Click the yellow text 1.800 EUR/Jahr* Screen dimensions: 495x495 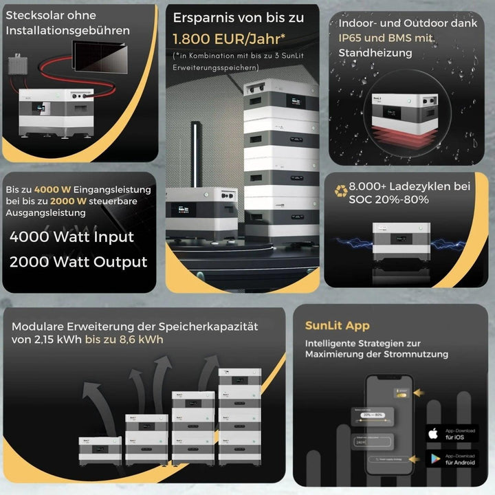pos(221,39)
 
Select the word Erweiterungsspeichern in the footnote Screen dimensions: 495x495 pos(213,67)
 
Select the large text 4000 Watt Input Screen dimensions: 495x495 pos(72,237)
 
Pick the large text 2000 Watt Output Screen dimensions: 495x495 pos(78,262)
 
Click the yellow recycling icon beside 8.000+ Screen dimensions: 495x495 pos(341,190)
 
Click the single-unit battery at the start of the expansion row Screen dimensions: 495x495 pos(100,450)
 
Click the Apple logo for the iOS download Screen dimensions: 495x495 pos(433,433)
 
